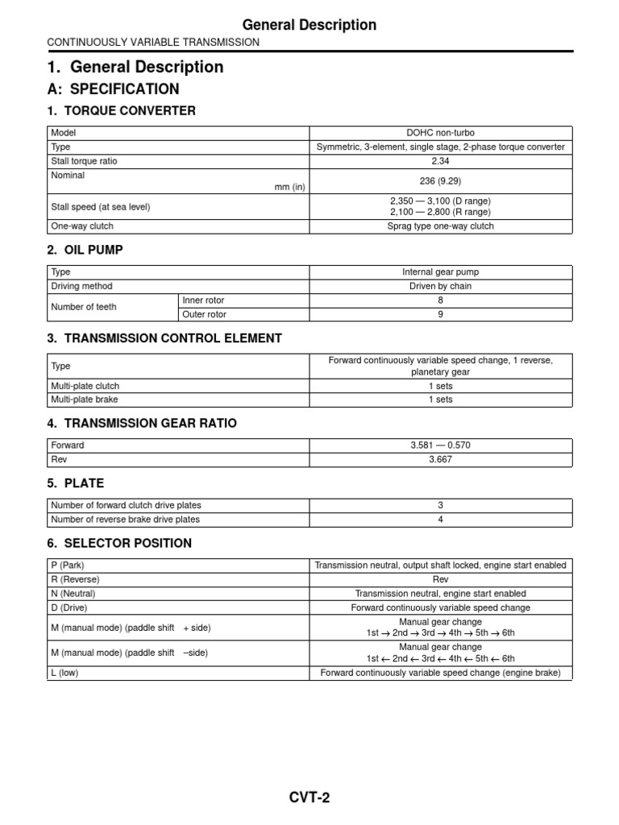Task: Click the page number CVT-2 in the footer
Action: click(309, 798)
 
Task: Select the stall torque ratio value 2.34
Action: click(440, 161)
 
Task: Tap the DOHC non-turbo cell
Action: click(440, 132)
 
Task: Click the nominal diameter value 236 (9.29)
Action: click(440, 180)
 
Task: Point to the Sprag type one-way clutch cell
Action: click(440, 226)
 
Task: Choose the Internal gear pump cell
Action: click(440, 272)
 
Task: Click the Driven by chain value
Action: click(440, 286)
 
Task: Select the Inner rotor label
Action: click(205, 300)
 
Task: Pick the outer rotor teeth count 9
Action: click(440, 314)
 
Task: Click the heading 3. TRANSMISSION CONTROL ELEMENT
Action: click(164, 338)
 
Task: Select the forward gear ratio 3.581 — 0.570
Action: click(440, 445)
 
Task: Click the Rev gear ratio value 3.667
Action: click(440, 459)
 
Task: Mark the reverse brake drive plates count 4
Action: click(440, 520)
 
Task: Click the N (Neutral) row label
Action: click(73, 593)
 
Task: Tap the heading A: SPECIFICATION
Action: click(113, 89)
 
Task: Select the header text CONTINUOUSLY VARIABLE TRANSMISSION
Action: click(153, 42)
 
